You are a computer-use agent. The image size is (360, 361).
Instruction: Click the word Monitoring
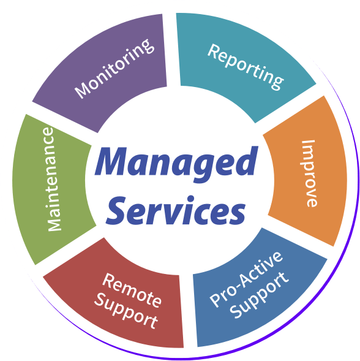114,69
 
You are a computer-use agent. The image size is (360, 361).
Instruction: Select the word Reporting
246,67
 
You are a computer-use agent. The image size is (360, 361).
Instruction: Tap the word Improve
310,173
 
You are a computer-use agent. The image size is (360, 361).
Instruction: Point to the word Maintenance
51,179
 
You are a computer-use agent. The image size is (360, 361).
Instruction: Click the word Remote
132,290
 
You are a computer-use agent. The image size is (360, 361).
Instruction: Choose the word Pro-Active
246,279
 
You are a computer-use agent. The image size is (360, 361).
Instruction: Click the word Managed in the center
176,164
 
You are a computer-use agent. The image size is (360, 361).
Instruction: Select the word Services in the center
176,210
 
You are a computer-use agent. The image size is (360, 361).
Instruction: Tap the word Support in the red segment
126,311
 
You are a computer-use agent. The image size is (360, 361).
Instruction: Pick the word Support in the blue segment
259,295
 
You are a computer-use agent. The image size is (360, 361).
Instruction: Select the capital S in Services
116,210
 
